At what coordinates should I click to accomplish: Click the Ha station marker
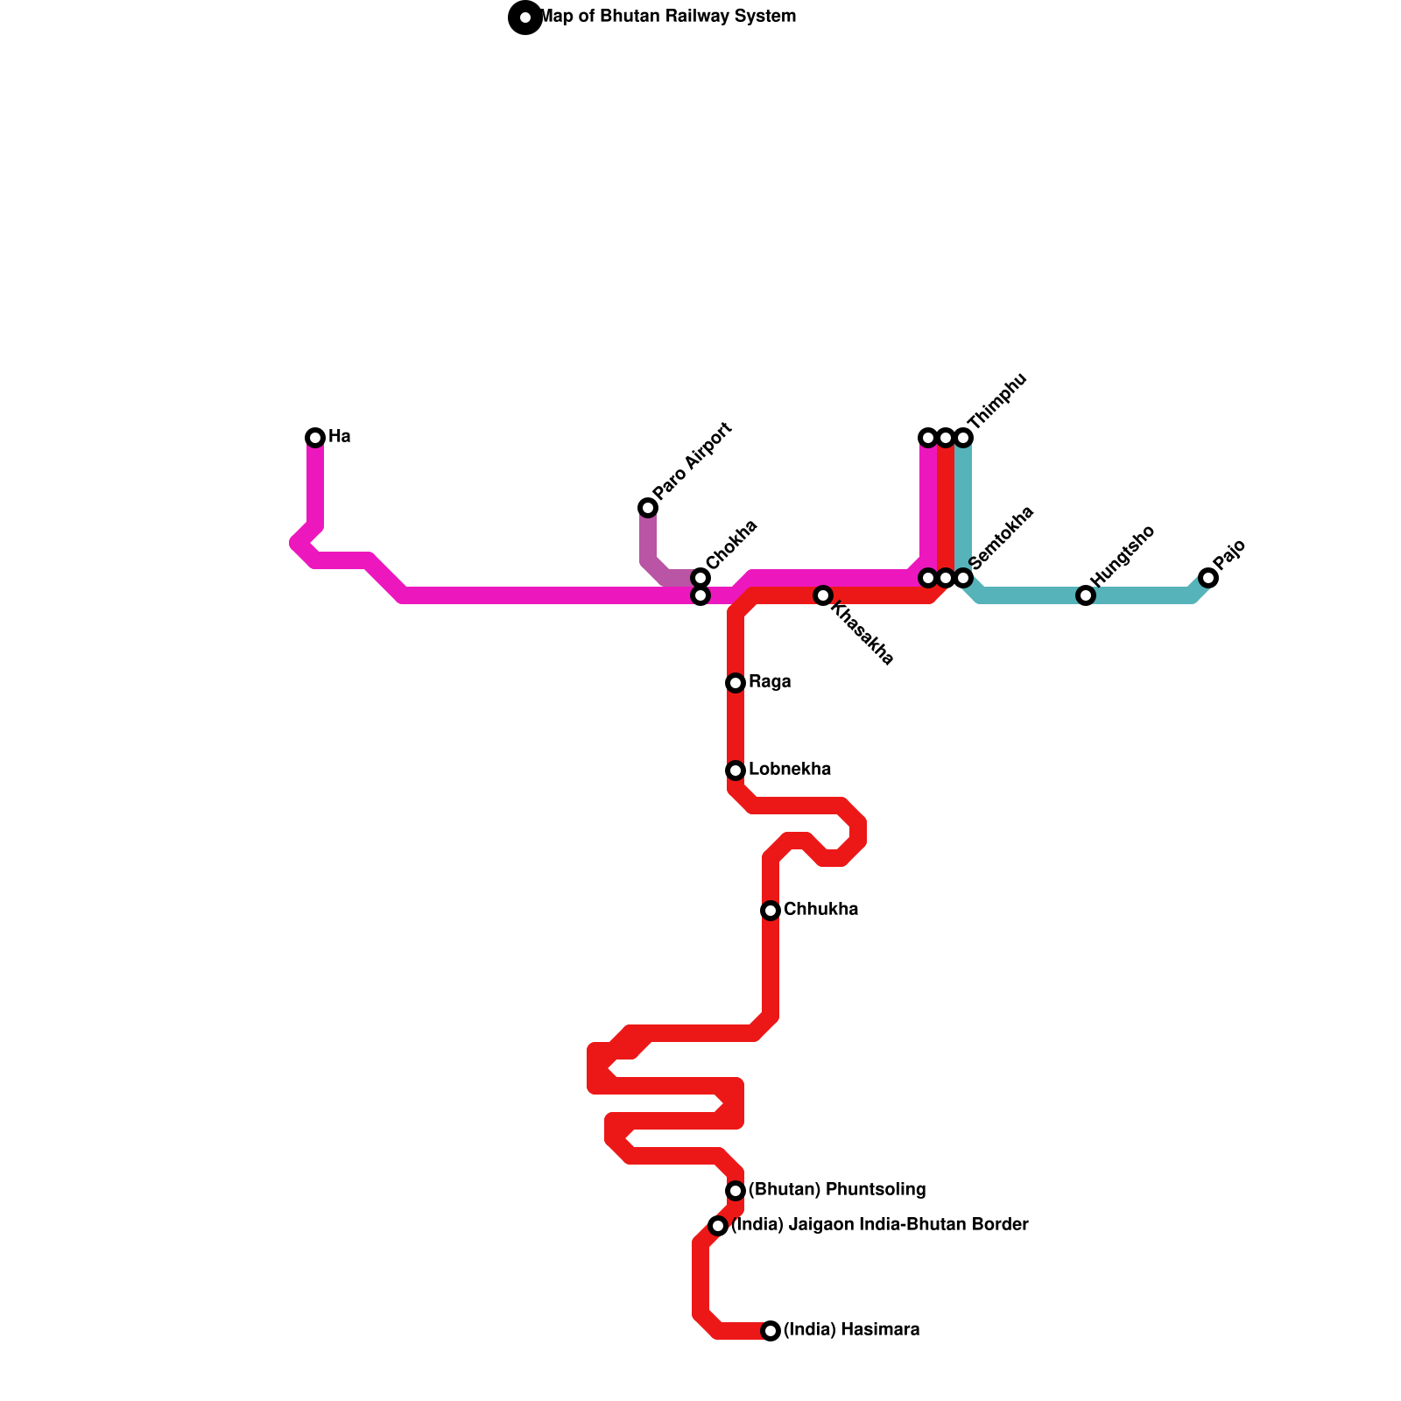click(x=315, y=437)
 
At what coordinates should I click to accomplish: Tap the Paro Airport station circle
click(x=648, y=507)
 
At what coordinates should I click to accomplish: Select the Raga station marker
click(x=736, y=682)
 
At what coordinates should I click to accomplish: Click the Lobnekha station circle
click(x=736, y=770)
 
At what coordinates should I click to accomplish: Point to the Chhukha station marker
click(x=771, y=911)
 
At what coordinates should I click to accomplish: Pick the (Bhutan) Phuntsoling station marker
click(x=736, y=1190)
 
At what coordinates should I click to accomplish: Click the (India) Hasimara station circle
click(x=771, y=1331)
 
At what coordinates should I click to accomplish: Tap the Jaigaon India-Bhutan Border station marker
click(x=718, y=1225)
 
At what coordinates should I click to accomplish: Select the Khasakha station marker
click(x=823, y=595)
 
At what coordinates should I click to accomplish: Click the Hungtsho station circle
click(x=1086, y=595)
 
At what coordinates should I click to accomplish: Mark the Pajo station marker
click(x=1208, y=577)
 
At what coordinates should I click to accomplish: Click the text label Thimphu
click(x=997, y=400)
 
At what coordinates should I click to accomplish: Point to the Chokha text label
click(x=732, y=544)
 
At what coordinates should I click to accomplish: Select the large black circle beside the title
click(x=525, y=17)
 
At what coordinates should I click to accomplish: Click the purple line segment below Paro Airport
click(x=648, y=543)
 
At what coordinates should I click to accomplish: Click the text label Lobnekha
click(x=790, y=770)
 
